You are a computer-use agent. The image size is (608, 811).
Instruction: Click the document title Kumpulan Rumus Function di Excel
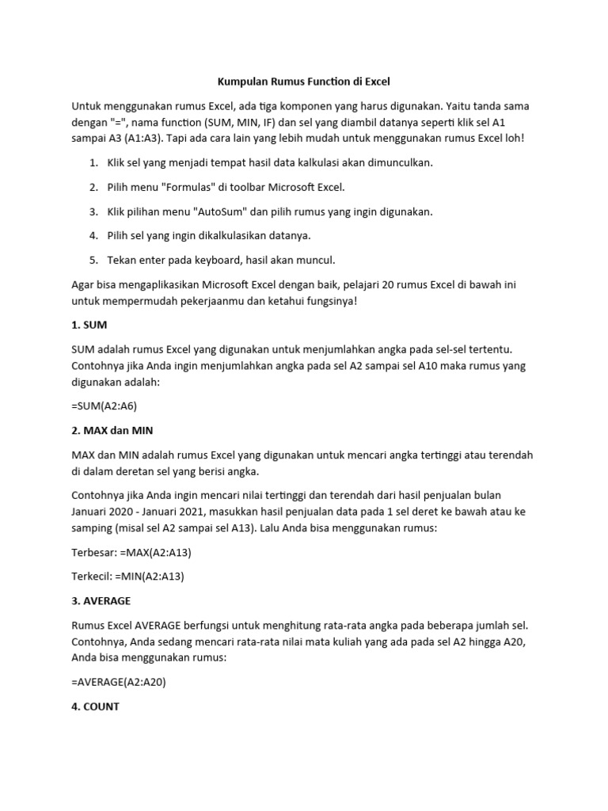pyautogui.click(x=304, y=81)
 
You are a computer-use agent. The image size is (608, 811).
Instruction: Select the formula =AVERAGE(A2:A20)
pyautogui.click(x=130, y=682)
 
